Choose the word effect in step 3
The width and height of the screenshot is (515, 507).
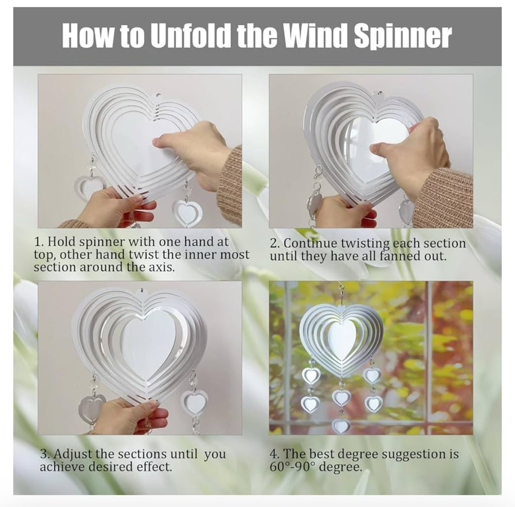coord(153,467)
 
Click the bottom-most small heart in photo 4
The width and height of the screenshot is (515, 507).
coord(340,426)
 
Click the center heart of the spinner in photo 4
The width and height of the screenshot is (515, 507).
coord(341,340)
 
